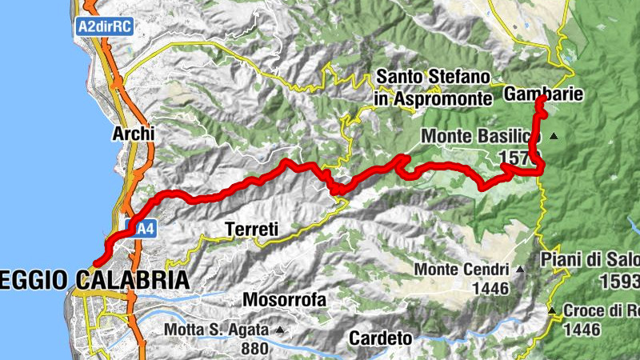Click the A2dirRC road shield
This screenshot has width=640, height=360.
[x=104, y=26]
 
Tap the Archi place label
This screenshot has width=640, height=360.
[x=133, y=134]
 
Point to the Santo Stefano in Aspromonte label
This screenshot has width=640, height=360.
[x=433, y=88]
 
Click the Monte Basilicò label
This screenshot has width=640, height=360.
[x=481, y=137]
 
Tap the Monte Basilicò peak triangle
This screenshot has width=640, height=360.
[x=554, y=137]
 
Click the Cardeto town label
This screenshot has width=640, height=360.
[x=380, y=338]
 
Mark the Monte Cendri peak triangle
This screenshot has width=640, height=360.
[x=521, y=270]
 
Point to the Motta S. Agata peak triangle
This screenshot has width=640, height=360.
[x=280, y=329]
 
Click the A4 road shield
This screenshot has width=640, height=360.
[x=142, y=230]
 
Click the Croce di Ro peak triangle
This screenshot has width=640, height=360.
[x=551, y=310]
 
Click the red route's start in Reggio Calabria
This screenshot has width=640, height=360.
[x=95, y=262]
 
